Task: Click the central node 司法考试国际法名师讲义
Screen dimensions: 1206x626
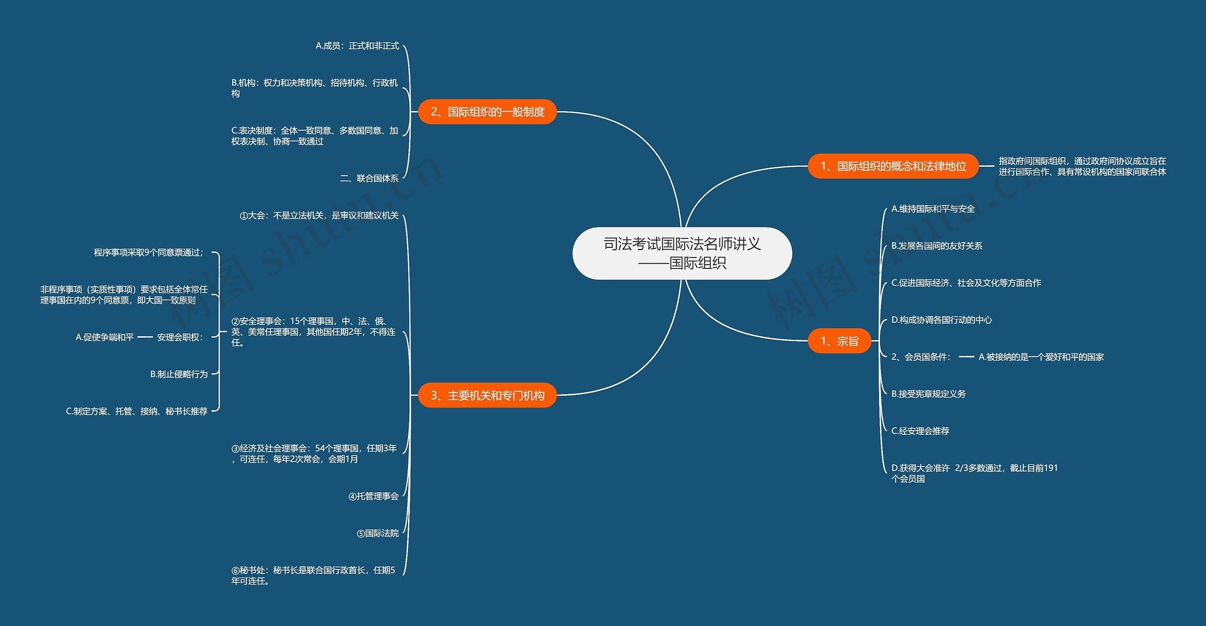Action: [x=682, y=253]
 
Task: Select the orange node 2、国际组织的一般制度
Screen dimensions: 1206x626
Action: [x=488, y=112]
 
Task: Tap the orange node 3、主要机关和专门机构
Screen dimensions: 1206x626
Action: [x=488, y=395]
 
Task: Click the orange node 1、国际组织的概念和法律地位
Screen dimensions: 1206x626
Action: [x=893, y=166]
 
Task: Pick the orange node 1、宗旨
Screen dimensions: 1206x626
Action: [x=839, y=341]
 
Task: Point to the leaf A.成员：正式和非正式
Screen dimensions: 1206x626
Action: [x=357, y=46]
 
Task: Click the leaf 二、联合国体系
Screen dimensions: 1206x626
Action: [x=369, y=179]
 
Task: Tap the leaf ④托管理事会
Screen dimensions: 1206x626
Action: [x=374, y=496]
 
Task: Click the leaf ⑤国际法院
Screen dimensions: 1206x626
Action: [x=378, y=533]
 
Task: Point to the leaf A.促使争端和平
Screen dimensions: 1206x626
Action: [x=105, y=337]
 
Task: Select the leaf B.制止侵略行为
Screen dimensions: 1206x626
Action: [x=179, y=374]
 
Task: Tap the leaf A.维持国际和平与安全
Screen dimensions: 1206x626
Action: [x=933, y=209]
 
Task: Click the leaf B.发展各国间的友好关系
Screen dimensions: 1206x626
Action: [x=937, y=246]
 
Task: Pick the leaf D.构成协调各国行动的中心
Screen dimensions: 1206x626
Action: [x=942, y=320]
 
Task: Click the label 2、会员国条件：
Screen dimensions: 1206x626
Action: [x=921, y=357]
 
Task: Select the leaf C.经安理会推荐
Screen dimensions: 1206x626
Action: [x=920, y=431]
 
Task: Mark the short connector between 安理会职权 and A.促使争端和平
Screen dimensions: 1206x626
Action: [x=145, y=337]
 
